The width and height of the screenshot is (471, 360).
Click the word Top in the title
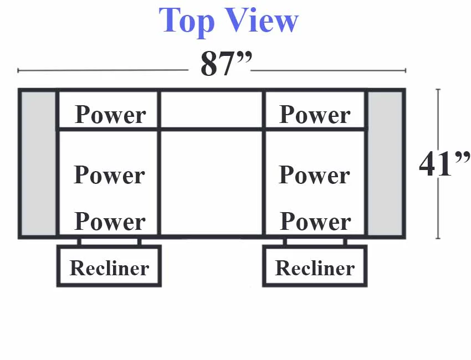pyautogui.click(x=187, y=21)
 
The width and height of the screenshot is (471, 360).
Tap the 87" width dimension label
pyautogui.click(x=226, y=63)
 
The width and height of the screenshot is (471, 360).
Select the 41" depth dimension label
pyautogui.click(x=444, y=163)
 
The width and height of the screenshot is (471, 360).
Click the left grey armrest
pyautogui.click(x=38, y=163)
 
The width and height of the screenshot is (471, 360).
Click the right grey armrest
pyautogui.click(x=385, y=163)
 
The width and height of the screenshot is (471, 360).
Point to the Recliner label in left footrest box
pyautogui.click(x=109, y=268)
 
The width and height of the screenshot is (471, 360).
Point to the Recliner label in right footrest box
pyautogui.click(x=315, y=268)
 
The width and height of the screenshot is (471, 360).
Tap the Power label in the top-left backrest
pyautogui.click(x=110, y=115)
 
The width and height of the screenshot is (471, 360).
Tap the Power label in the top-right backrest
pyautogui.click(x=315, y=115)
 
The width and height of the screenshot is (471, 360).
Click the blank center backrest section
pyautogui.click(x=212, y=110)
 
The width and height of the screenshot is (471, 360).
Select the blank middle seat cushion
pyautogui.click(x=212, y=183)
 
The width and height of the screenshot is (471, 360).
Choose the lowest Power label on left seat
pyautogui.click(x=110, y=222)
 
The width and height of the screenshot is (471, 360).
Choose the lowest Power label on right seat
pyautogui.click(x=315, y=222)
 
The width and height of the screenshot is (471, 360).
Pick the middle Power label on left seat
pyautogui.click(x=110, y=175)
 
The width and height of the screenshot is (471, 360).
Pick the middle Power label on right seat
pyautogui.click(x=315, y=175)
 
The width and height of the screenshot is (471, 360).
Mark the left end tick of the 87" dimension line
pyautogui.click(x=18, y=70)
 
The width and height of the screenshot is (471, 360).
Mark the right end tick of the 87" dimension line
pyautogui.click(x=406, y=70)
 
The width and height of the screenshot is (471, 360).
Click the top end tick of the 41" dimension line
pyautogui.click(x=438, y=90)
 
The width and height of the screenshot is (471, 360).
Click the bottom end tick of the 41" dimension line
pyautogui.click(x=438, y=238)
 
